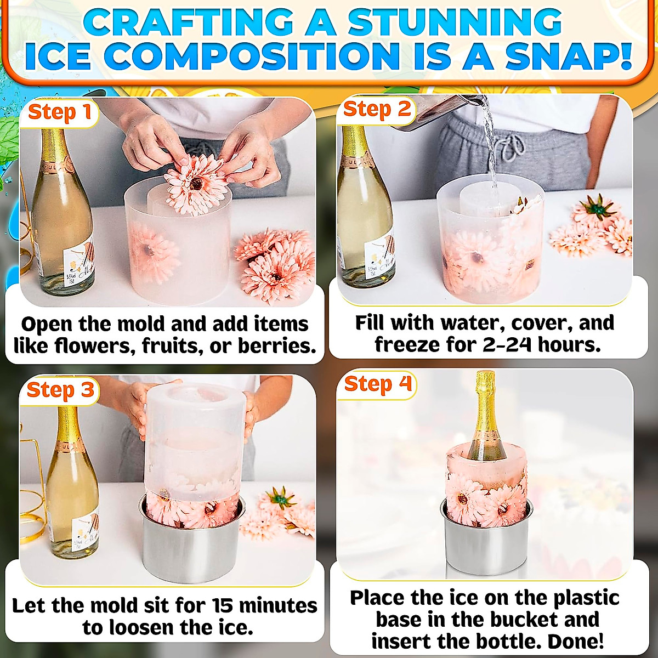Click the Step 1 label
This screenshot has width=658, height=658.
tap(59, 112)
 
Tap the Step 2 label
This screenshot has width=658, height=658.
tap(377, 109)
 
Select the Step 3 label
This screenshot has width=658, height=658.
tap(60, 390)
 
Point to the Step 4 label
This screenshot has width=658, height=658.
tap(378, 384)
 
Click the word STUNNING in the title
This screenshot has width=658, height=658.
tap(455, 23)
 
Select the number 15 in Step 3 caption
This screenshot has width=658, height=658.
tap(223, 605)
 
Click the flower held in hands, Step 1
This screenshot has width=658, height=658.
tap(196, 184)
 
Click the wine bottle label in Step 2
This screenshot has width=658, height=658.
tap(378, 258)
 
